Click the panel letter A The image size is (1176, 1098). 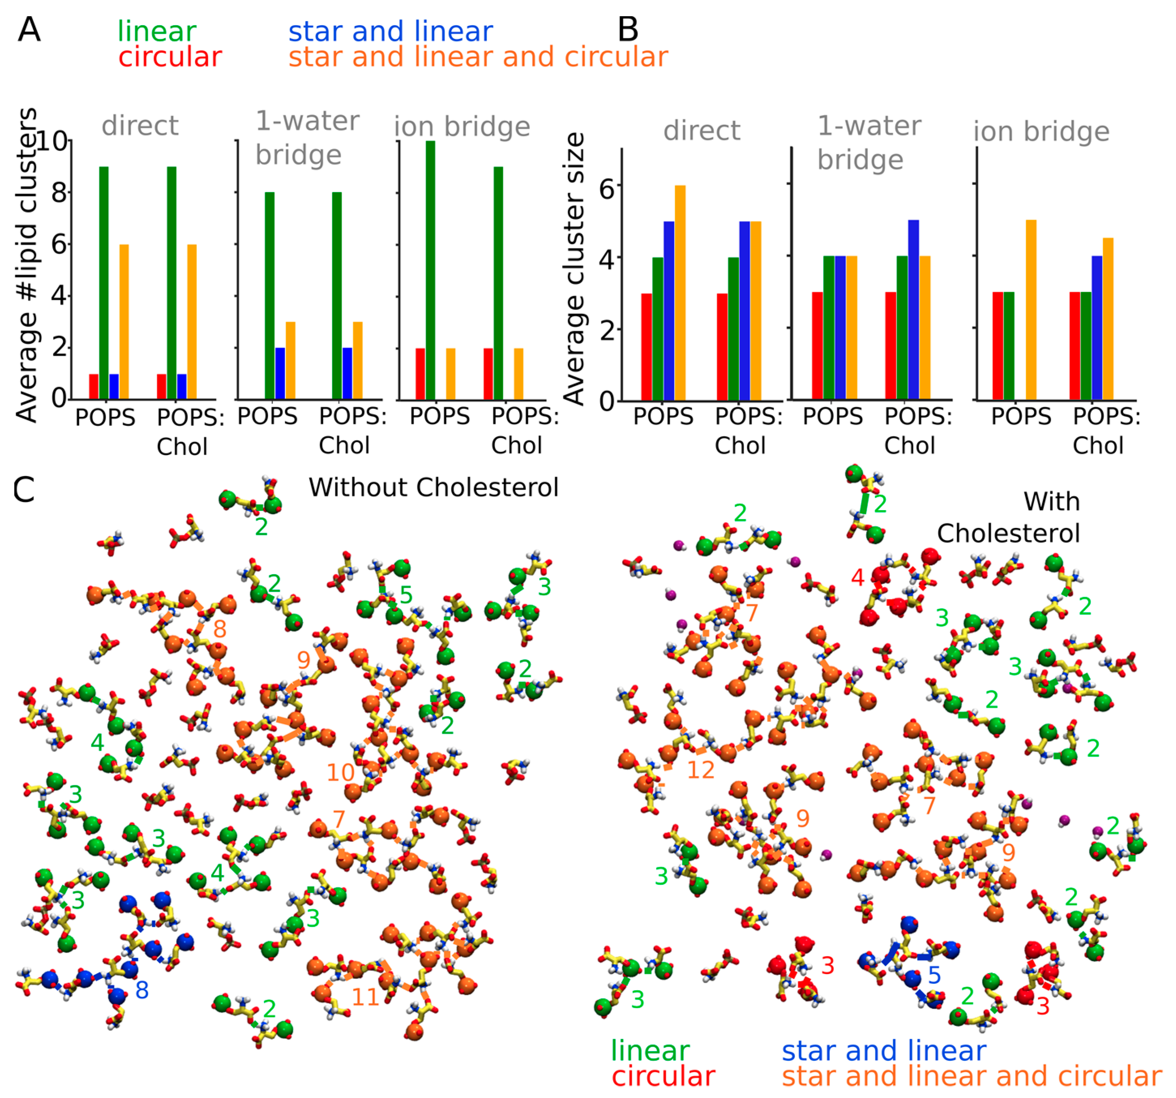tap(29, 30)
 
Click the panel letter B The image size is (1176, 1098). tap(628, 30)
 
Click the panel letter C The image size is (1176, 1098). tap(24, 490)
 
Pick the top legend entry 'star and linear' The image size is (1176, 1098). tap(390, 31)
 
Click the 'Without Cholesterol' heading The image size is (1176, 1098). tap(433, 487)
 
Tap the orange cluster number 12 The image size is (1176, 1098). tap(701, 770)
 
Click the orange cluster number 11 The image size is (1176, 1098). tap(365, 998)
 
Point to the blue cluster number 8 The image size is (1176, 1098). tap(142, 990)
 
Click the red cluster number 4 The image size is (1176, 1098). tap(858, 577)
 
